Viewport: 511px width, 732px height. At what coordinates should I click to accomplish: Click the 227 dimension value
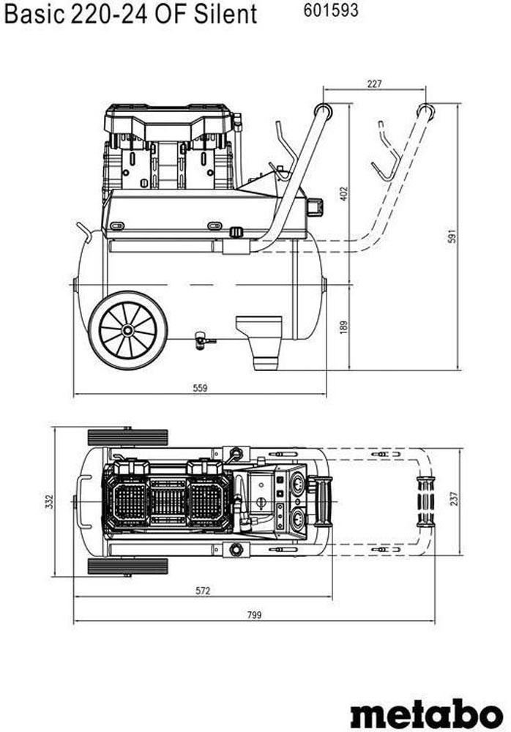374,84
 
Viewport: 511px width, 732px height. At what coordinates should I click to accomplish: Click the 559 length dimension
200,388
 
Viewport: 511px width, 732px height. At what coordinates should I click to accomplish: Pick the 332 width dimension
49,501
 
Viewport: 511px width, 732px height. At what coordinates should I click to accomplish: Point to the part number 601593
329,11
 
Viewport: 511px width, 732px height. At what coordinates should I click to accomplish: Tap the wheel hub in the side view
128,330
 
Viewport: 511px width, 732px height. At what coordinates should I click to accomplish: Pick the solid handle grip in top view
324,501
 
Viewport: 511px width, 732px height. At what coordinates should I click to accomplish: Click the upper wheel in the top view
128,438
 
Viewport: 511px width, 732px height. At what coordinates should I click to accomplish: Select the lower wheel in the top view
128,566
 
